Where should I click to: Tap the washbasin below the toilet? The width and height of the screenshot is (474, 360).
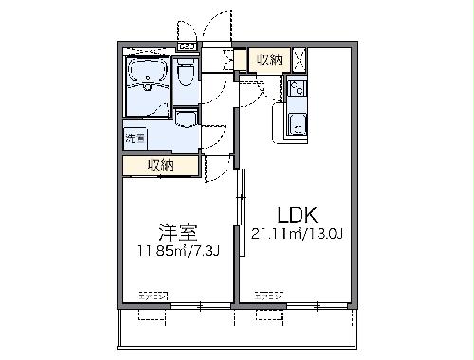click(186, 117)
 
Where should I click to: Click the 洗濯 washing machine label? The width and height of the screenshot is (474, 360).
click(134, 138)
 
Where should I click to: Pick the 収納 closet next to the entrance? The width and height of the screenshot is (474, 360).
click(269, 61)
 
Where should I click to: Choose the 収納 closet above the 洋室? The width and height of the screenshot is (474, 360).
click(160, 166)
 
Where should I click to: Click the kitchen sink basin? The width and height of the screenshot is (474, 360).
click(297, 123)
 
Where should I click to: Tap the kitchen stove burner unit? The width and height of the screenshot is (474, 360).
click(296, 89)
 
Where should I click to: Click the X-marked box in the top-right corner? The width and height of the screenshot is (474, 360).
click(300, 60)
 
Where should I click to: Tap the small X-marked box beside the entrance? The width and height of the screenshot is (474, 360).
click(228, 61)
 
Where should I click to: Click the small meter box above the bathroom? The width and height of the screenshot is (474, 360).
click(187, 45)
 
